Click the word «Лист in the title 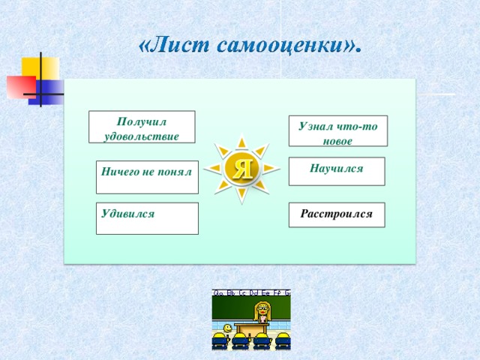(x=173, y=46)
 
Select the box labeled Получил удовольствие (x=142, y=127)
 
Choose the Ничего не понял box (x=147, y=177)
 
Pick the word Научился (x=336, y=169)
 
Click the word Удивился (x=127, y=214)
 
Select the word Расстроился (x=336, y=214)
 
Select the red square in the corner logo (x=20, y=87)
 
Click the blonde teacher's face (x=263, y=309)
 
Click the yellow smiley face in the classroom (x=227, y=328)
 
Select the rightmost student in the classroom (x=283, y=341)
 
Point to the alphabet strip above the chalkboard (x=251, y=293)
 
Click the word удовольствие (x=142, y=136)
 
